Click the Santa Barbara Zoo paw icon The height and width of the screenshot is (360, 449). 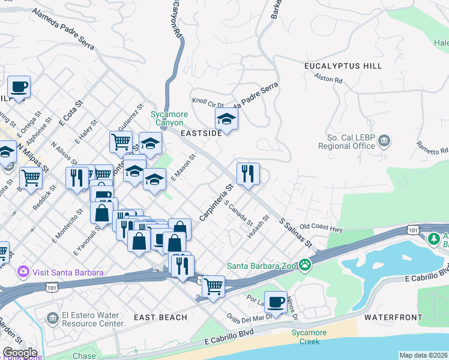coord(306,264)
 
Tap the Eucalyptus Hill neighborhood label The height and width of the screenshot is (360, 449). coord(343,65)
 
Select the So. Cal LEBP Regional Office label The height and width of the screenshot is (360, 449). coord(351,142)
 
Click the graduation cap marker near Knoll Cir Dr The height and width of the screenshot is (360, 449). coord(227,119)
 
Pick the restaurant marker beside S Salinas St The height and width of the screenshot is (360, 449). coord(248,175)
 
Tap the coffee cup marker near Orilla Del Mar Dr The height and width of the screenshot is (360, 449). coord(276,302)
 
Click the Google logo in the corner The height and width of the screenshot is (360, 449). coord(19,353)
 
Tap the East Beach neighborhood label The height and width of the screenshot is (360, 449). coord(160,317)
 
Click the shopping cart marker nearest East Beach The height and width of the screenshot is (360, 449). coord(213,287)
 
